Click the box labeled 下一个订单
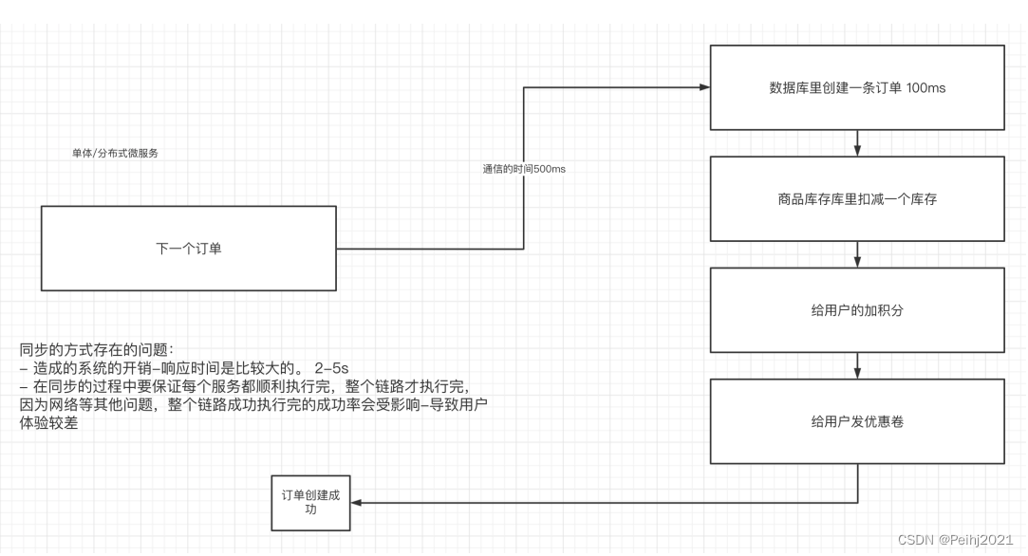(x=189, y=249)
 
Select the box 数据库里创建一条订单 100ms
(x=857, y=87)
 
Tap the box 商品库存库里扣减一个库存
(x=857, y=199)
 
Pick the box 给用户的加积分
(x=857, y=310)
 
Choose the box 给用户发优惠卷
(x=857, y=421)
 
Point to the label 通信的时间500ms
(x=525, y=169)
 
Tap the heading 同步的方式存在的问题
(x=97, y=349)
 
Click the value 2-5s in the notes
(x=332, y=366)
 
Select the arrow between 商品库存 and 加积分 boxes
(x=857, y=254)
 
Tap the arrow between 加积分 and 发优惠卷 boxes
(x=857, y=365)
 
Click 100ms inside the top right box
(x=925, y=87)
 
